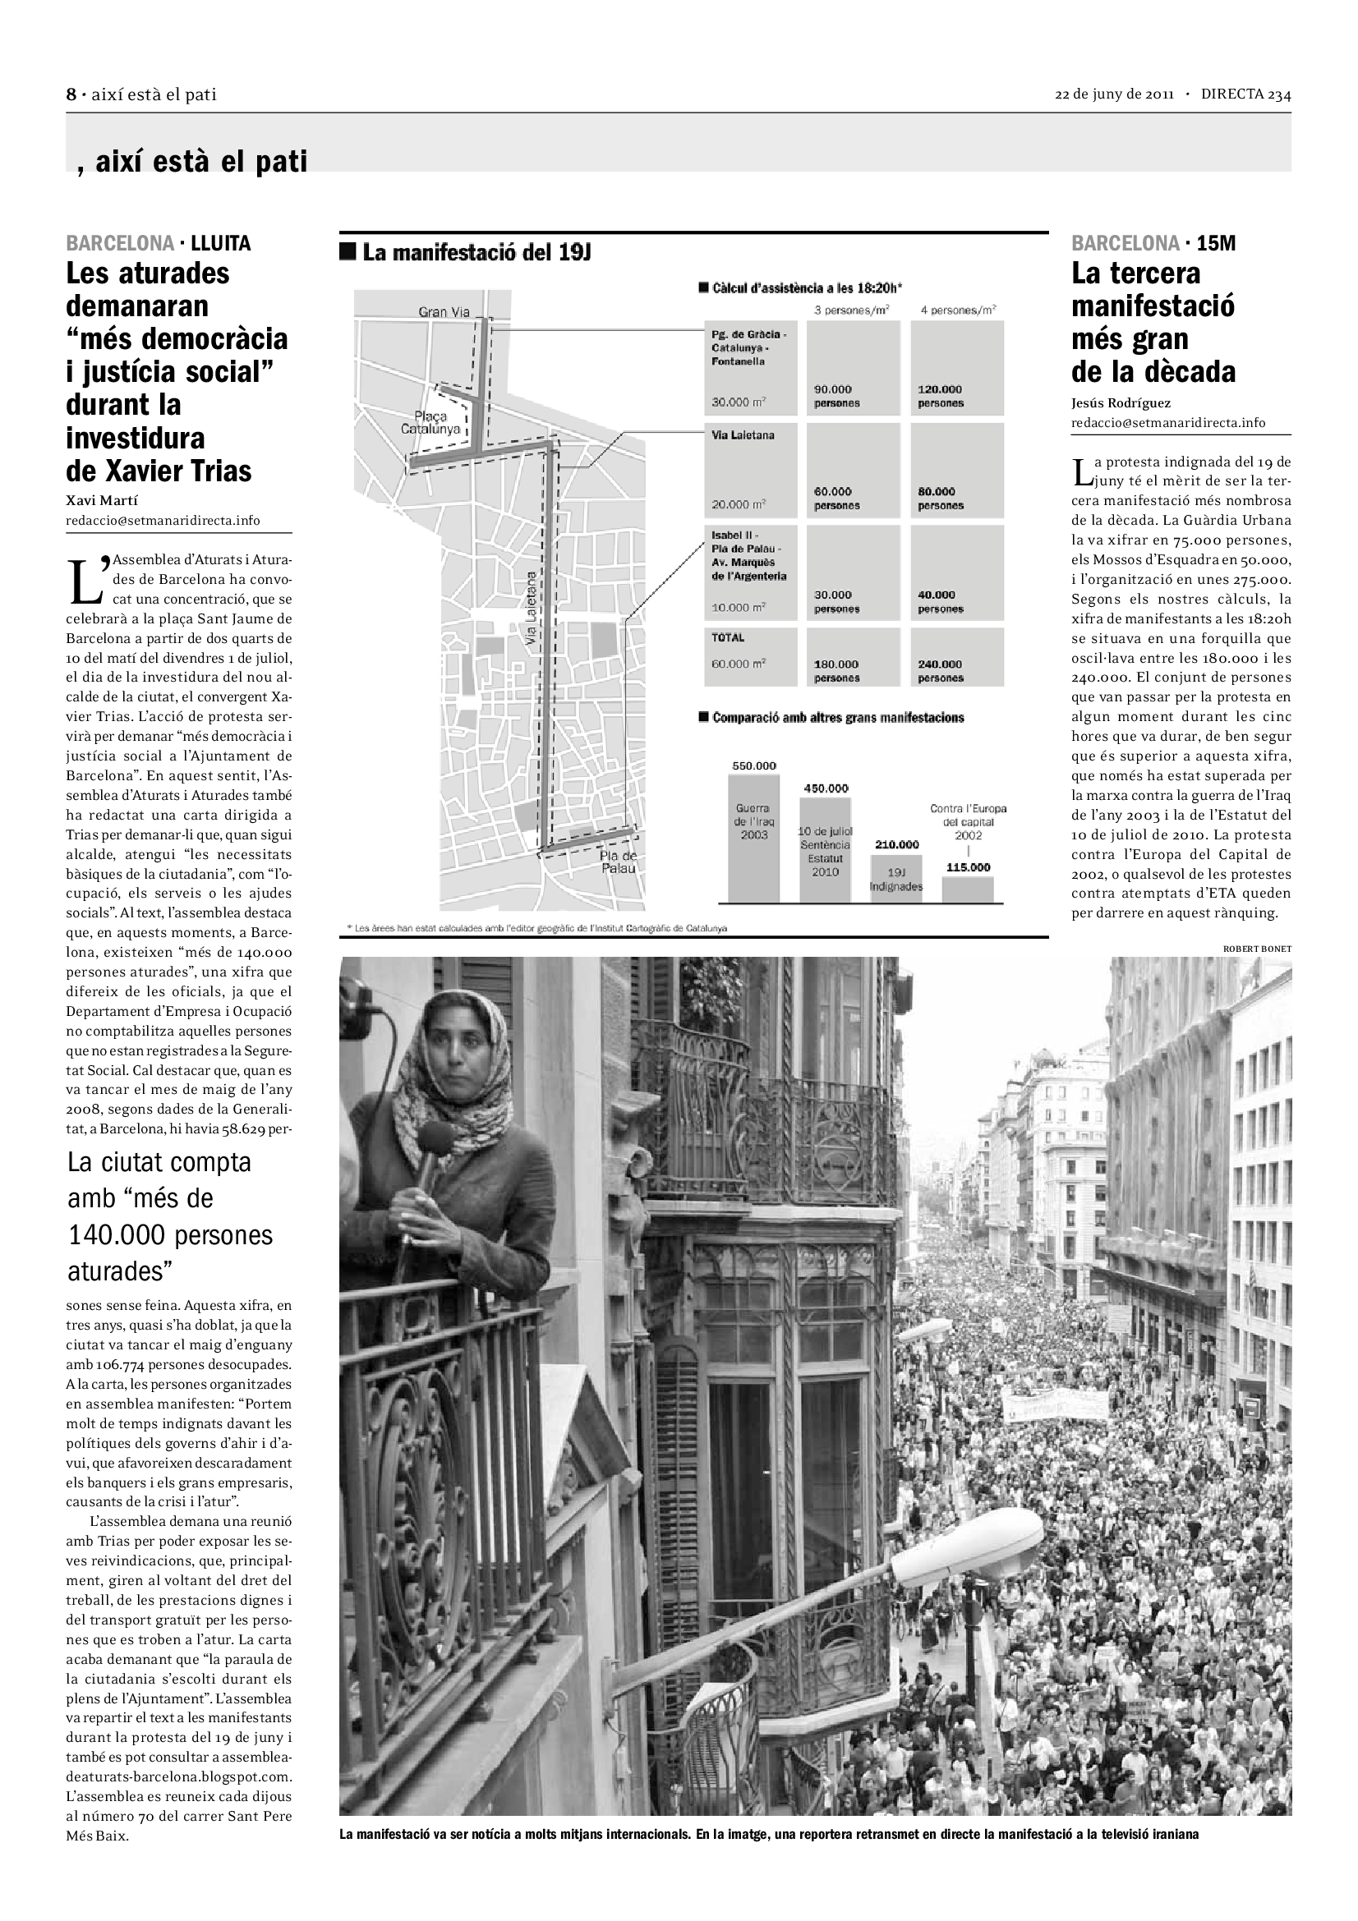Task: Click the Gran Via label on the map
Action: click(444, 312)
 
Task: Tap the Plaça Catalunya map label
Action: click(430, 422)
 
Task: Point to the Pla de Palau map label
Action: click(618, 862)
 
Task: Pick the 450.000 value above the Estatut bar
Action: click(826, 788)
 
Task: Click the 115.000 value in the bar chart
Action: click(968, 866)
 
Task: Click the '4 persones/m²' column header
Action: click(958, 310)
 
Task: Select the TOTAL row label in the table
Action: click(728, 637)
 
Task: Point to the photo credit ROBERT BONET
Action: click(1257, 949)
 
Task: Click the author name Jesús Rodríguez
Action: click(1121, 403)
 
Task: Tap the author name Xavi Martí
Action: click(102, 500)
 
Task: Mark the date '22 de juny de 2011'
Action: click(1114, 94)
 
